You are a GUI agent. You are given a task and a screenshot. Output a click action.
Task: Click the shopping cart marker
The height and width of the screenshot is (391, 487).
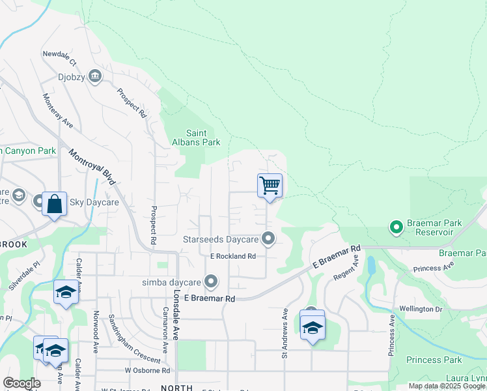click(x=270, y=186)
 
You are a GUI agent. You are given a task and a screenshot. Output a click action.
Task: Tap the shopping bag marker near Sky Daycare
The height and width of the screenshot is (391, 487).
click(x=55, y=204)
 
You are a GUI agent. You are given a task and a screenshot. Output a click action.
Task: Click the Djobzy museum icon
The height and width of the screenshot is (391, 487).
click(x=96, y=76)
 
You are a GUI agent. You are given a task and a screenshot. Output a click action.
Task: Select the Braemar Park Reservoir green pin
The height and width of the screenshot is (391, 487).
click(x=395, y=227)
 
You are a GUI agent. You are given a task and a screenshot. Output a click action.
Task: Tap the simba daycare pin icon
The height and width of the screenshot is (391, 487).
click(x=210, y=282)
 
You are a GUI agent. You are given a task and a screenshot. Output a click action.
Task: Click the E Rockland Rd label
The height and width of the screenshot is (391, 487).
click(x=232, y=256)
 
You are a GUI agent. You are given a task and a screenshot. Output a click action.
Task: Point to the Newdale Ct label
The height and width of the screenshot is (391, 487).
click(x=59, y=59)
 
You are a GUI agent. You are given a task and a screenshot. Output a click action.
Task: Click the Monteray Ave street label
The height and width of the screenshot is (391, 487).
click(x=58, y=111)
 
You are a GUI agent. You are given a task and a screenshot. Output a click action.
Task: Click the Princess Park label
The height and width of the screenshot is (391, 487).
click(x=434, y=360)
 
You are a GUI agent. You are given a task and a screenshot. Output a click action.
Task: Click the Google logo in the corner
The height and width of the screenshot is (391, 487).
click(x=21, y=383)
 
